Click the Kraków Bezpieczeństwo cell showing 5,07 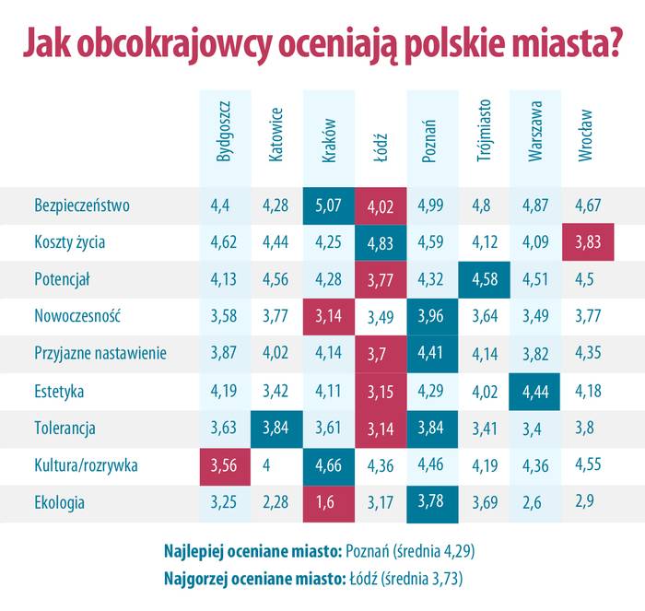coord(329,206)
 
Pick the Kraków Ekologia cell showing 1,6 coord(329,503)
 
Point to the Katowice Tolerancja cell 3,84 coord(276,429)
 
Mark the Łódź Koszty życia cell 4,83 coord(381,242)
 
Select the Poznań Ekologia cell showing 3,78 coord(432,503)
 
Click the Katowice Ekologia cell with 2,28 coord(276,503)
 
